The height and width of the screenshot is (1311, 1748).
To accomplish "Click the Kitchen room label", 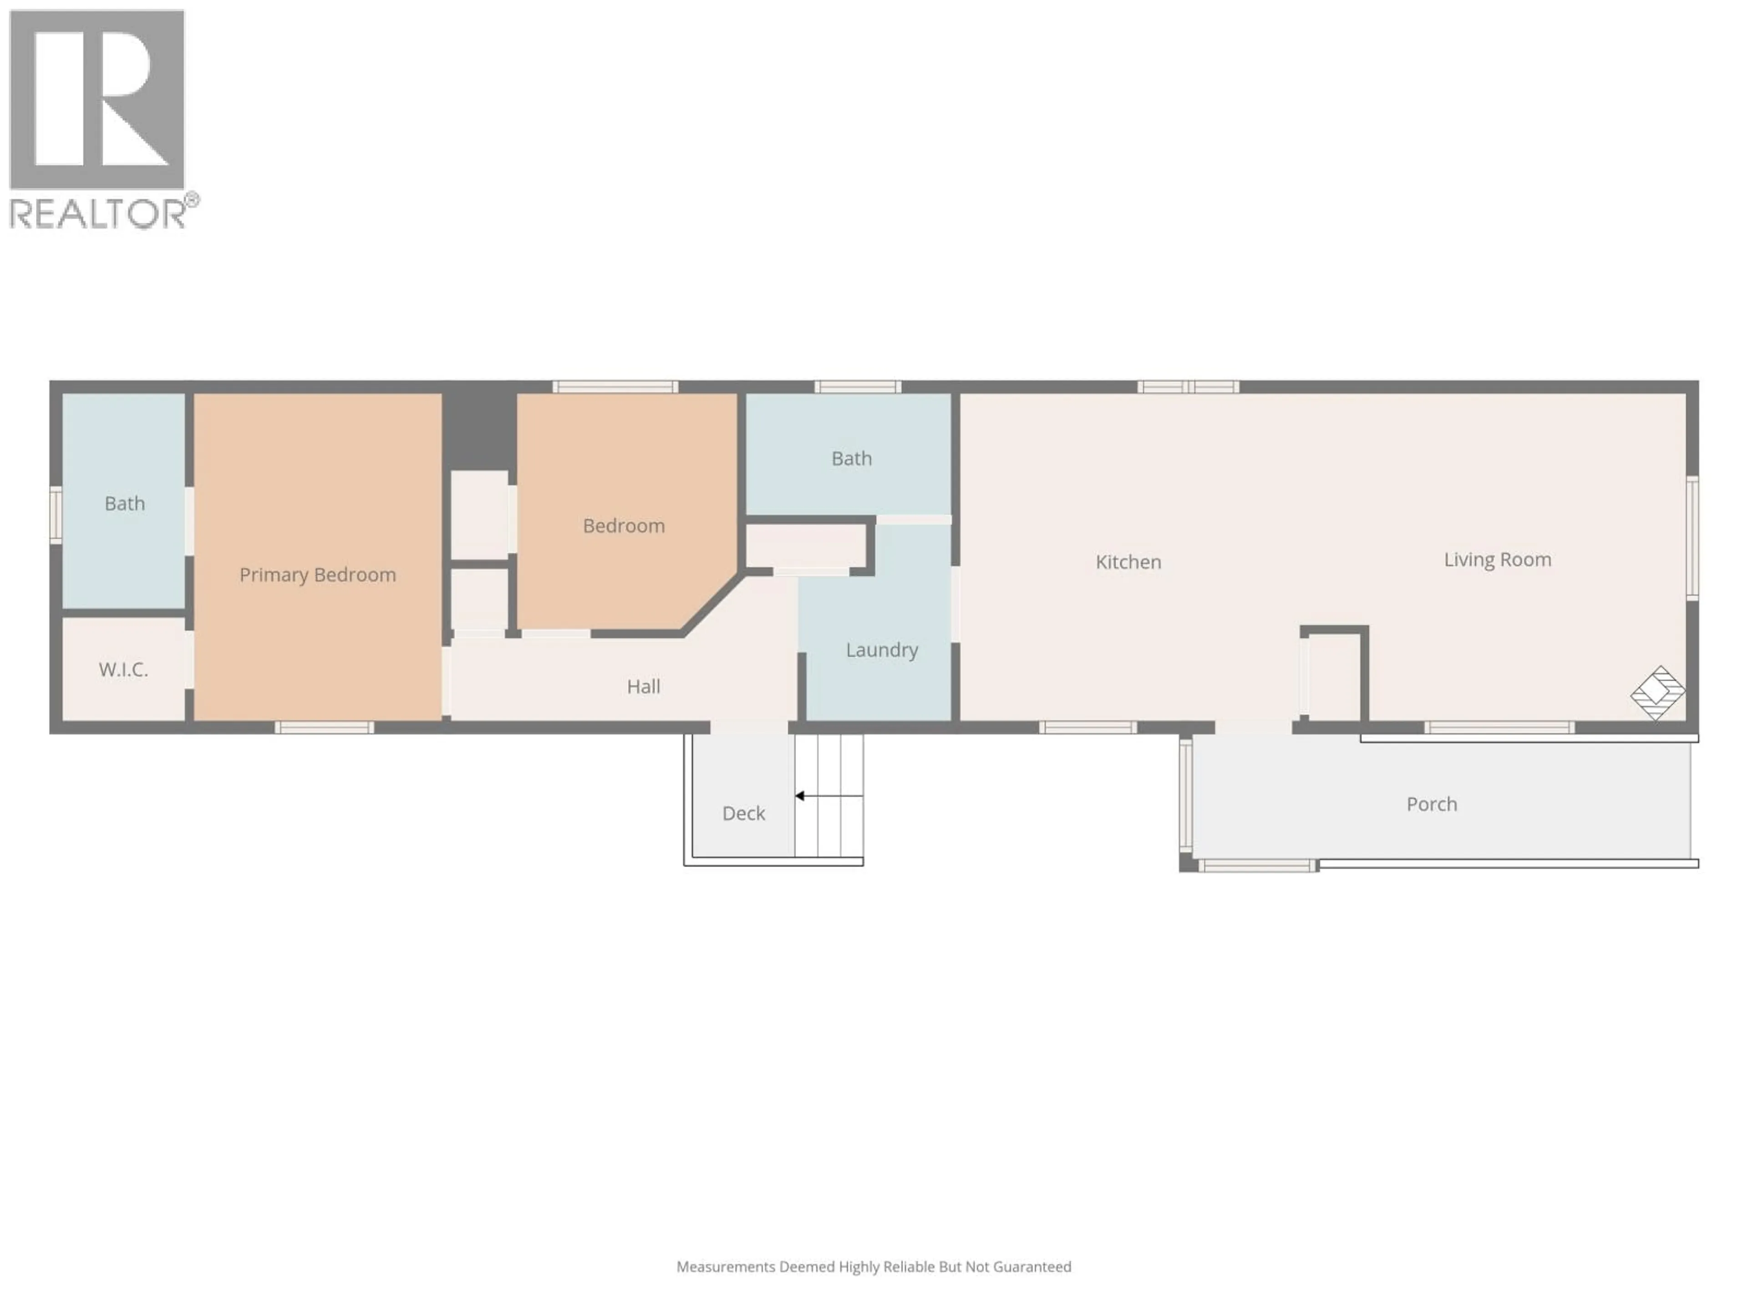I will (1128, 562).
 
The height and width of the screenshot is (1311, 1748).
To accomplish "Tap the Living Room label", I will (1497, 559).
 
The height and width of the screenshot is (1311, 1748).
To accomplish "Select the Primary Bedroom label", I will (318, 574).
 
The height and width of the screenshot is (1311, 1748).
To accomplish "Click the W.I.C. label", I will (123, 669).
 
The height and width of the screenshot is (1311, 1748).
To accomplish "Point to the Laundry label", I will (881, 650).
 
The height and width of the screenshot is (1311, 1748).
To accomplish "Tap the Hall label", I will (643, 686).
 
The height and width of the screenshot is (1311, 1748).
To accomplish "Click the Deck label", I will (743, 813).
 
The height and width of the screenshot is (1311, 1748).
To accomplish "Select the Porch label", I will (1431, 803).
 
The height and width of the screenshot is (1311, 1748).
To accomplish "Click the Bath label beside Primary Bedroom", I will (125, 503).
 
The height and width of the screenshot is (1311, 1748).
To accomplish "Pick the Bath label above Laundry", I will (851, 458).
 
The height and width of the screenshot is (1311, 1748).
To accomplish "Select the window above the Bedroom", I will (615, 386).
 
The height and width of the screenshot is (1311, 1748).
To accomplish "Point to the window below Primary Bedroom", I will (324, 727).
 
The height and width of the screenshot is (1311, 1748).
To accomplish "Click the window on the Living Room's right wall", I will (1692, 537).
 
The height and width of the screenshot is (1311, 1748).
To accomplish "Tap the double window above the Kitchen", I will (1188, 386).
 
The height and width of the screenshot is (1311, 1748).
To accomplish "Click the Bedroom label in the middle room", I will (624, 525).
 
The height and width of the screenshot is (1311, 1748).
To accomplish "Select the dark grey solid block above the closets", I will (479, 431).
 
